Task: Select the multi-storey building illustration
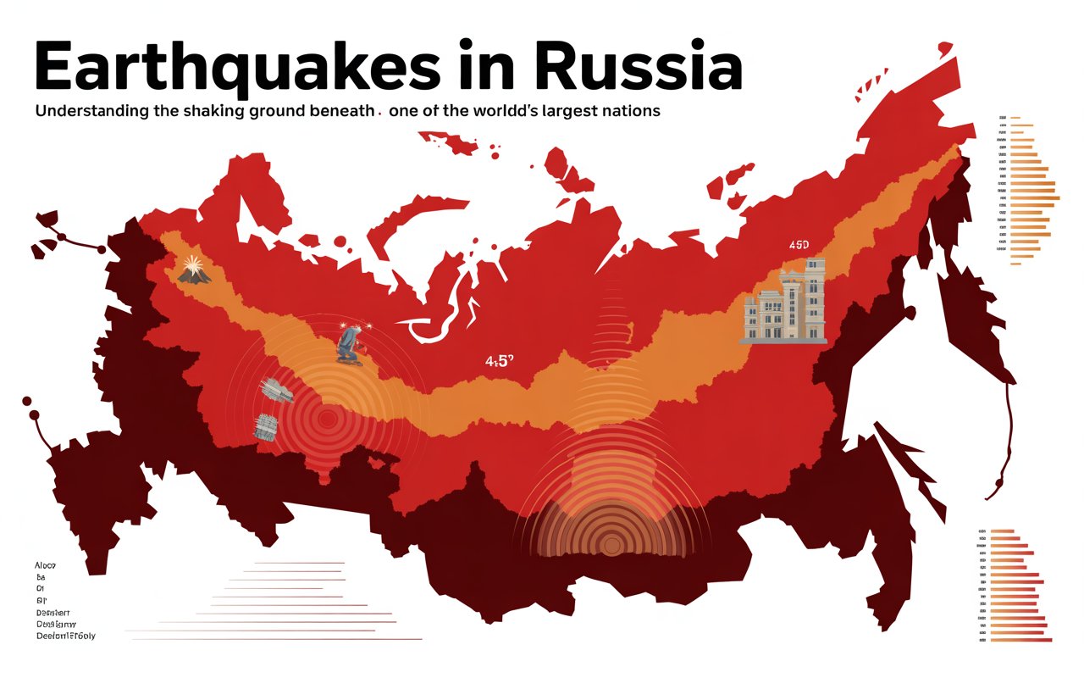pos(784,302)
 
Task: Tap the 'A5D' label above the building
pos(799,245)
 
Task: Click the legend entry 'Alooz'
pos(44,564)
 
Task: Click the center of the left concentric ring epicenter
pos(327,417)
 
